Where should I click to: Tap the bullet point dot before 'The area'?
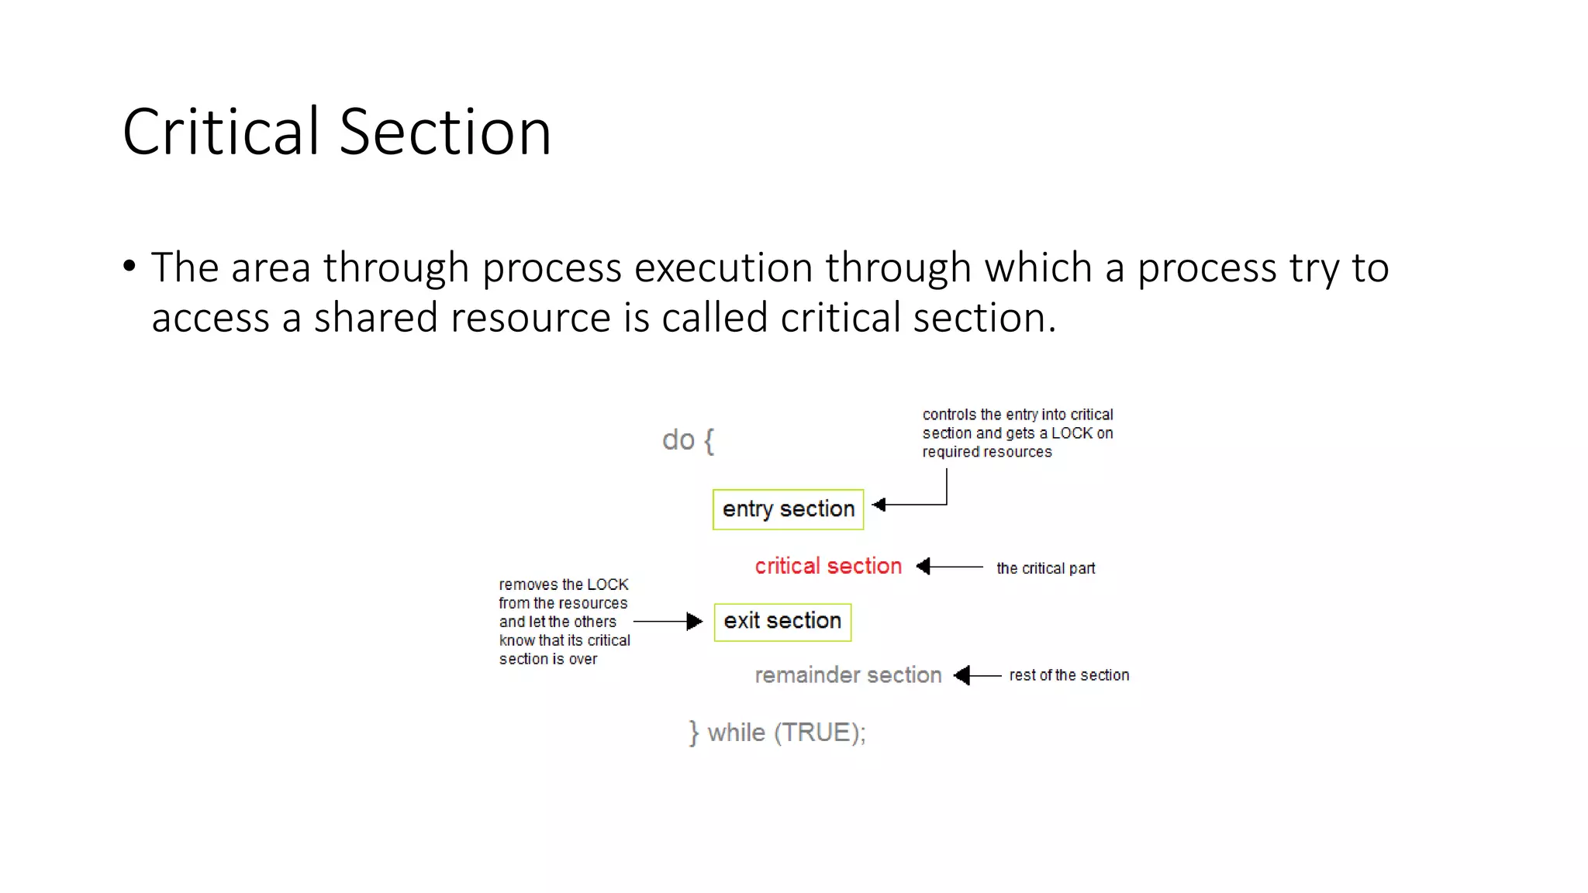point(129,267)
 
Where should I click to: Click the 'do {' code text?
point(687,440)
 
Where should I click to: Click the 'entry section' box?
point(788,509)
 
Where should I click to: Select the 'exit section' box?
point(782,622)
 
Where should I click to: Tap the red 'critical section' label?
point(827,566)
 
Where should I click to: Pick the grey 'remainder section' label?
point(848,675)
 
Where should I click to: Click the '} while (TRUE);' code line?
point(777,733)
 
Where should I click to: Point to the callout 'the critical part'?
point(1045,568)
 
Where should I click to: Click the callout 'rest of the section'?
point(1068,675)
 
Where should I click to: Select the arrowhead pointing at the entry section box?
point(879,505)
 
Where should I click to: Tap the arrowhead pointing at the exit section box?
point(695,622)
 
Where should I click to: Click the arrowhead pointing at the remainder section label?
point(962,676)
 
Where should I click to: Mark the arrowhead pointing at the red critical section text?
point(923,567)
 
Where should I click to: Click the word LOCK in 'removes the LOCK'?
point(607,584)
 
